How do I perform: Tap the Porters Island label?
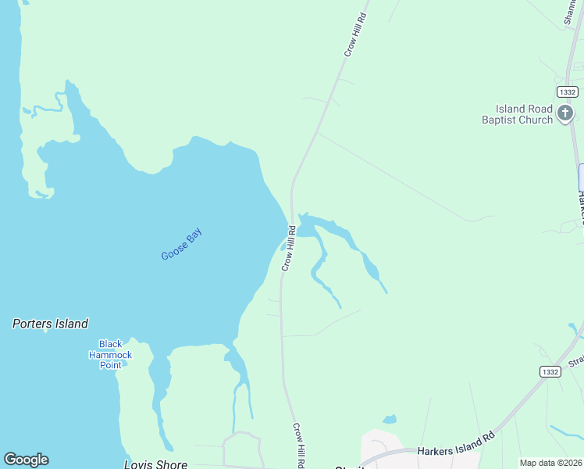click(50, 324)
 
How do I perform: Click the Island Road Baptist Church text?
click(517, 114)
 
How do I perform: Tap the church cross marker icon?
click(564, 115)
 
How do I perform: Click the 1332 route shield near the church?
click(568, 92)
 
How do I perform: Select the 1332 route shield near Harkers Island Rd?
click(549, 372)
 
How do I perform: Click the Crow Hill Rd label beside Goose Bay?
click(287, 249)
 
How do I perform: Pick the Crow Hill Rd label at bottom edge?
click(298, 446)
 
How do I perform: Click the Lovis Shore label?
click(156, 464)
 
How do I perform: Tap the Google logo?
click(26, 460)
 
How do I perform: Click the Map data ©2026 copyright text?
click(551, 463)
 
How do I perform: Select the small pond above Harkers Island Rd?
click(390, 420)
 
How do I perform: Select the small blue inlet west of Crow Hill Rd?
click(283, 246)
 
